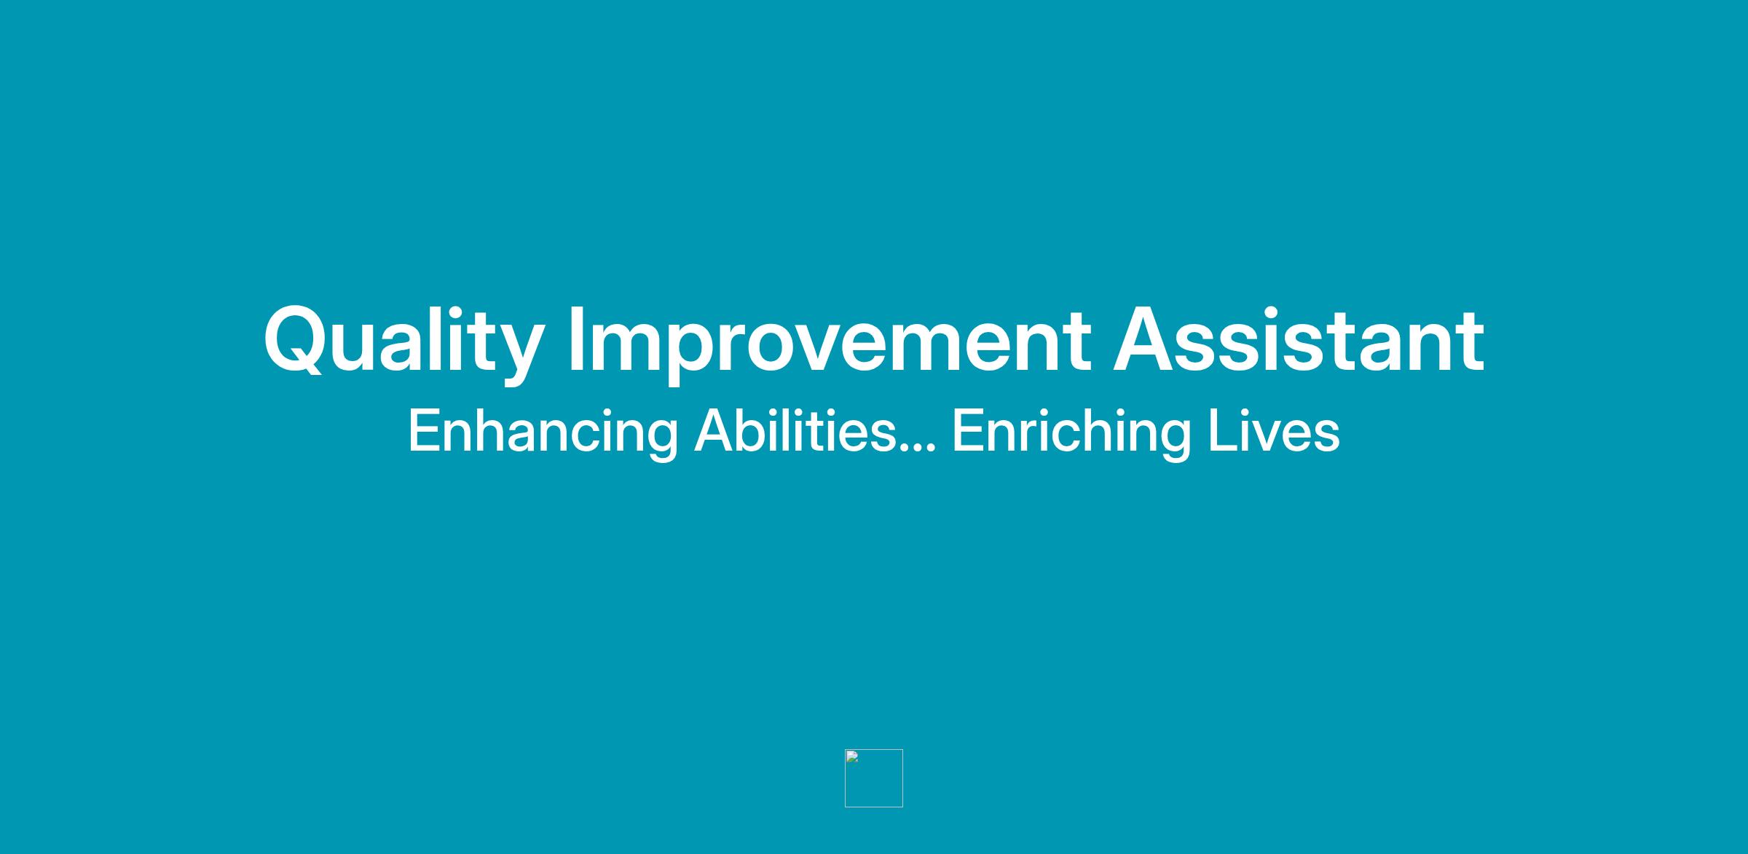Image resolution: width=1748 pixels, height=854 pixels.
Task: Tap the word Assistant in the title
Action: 1299,339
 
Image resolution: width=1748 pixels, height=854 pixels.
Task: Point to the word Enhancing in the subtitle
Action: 543,432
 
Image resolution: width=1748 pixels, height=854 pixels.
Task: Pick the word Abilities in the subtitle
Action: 795,430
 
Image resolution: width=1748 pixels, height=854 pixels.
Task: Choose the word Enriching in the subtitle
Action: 1071,432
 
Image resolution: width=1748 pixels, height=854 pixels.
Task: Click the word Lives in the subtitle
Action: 1274,430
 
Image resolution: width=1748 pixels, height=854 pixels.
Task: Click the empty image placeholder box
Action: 874,778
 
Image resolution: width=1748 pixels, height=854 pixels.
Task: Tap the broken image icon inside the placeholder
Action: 852,756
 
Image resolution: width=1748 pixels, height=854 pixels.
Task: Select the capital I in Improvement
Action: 575,339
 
